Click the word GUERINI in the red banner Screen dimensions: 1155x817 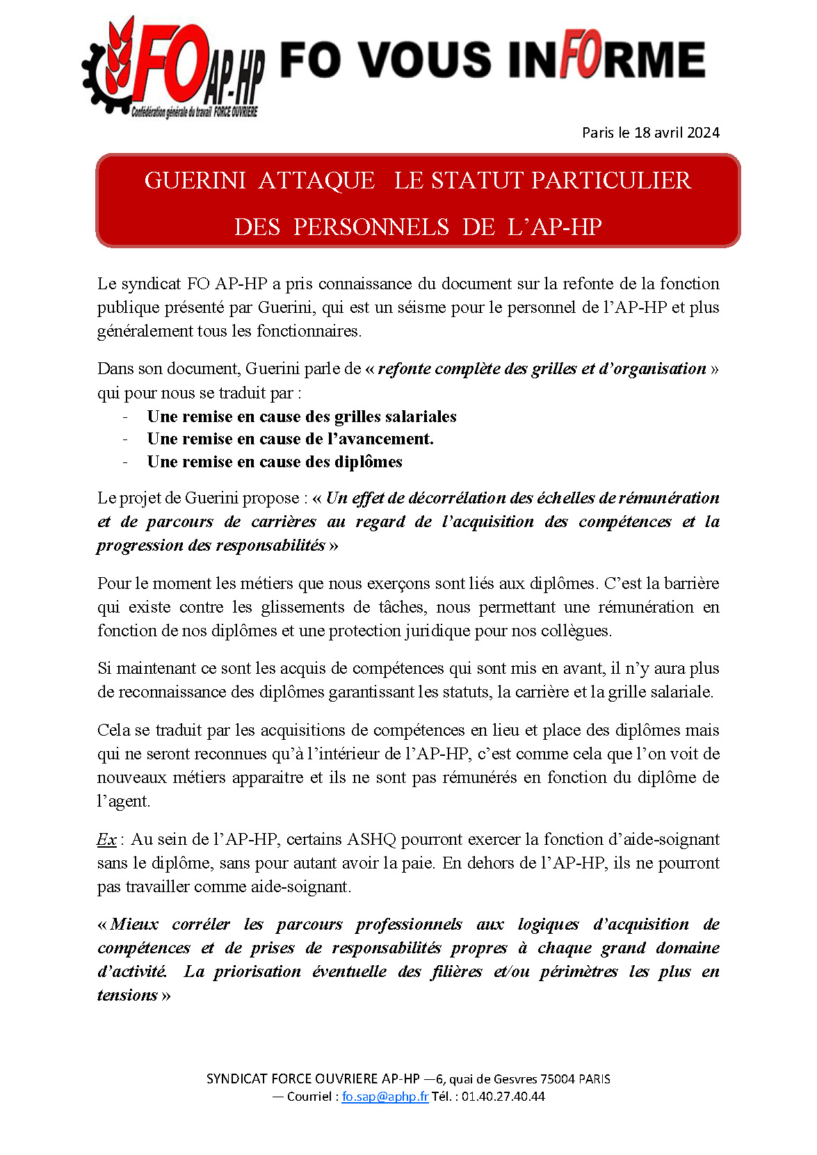pyautogui.click(x=195, y=181)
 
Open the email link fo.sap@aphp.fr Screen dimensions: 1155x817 pyautogui.click(x=385, y=1097)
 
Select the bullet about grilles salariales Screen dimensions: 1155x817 pyautogui.click(x=302, y=417)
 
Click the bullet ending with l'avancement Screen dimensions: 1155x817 pyautogui.click(x=290, y=439)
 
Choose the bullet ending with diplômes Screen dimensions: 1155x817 pyautogui.click(x=275, y=462)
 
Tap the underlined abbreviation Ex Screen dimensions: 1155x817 pyautogui.click(x=106, y=839)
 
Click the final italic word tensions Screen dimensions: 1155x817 pyautogui.click(x=127, y=996)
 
